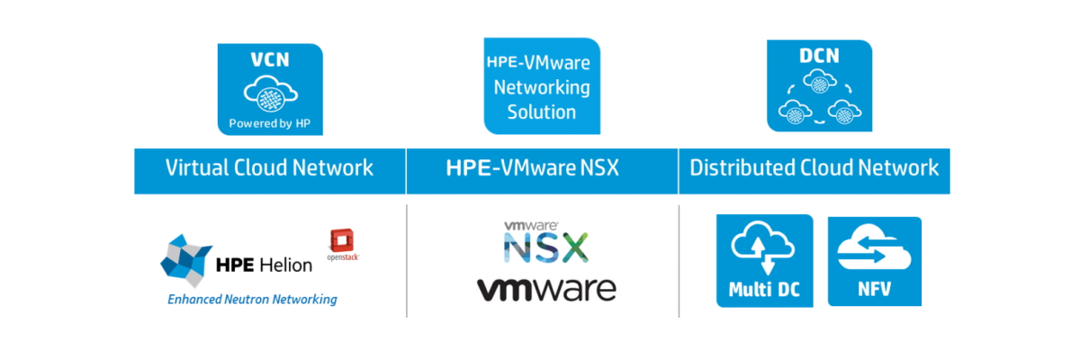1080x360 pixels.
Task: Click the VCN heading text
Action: (268, 60)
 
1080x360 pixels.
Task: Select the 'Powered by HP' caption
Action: (269, 123)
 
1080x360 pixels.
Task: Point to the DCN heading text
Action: (819, 57)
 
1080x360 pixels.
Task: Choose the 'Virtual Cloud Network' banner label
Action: (269, 168)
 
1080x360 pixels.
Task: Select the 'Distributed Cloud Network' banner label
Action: (814, 168)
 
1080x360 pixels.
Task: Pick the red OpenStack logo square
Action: (341, 238)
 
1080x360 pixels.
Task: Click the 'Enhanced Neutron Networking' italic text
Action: (252, 299)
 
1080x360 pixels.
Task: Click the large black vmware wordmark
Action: (546, 289)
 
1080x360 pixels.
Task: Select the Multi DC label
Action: (763, 291)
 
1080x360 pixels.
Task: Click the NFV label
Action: (874, 291)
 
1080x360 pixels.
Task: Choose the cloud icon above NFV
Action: (874, 253)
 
